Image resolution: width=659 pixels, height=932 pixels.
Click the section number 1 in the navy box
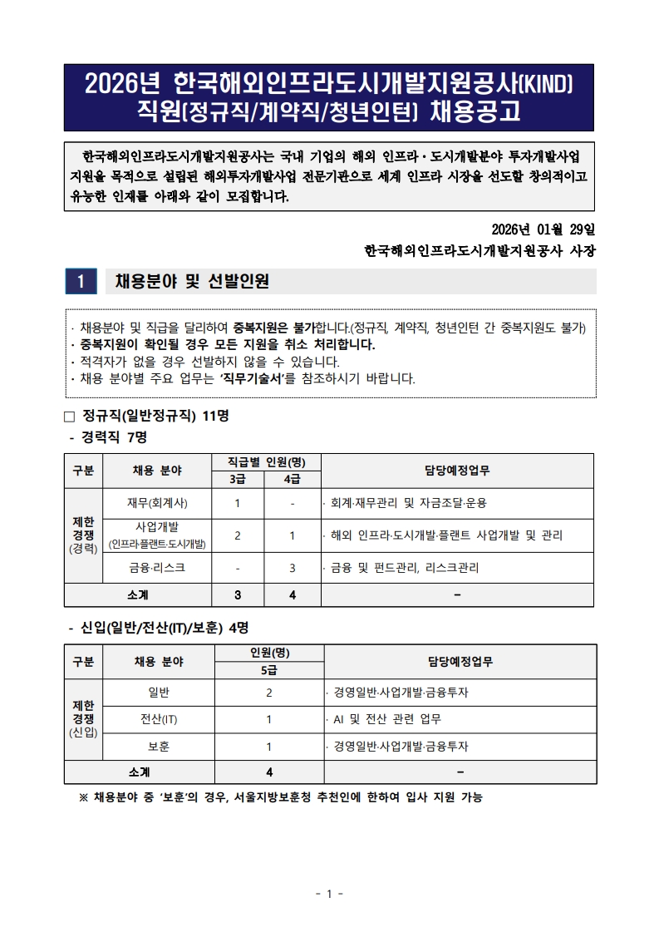tap(81, 282)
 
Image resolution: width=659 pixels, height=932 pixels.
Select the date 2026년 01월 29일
tap(543, 229)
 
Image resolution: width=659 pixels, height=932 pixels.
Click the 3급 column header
tap(238, 479)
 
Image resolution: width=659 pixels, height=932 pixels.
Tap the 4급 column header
tap(293, 479)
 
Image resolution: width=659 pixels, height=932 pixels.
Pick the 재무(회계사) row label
tap(157, 503)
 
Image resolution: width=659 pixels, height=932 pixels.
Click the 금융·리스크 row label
tap(157, 568)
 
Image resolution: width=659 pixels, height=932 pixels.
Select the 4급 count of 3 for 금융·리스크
tap(293, 568)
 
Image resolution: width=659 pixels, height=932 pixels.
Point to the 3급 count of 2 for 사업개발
tap(238, 535)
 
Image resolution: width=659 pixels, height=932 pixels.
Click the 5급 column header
tap(268, 670)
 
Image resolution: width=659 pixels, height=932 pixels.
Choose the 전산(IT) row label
tap(159, 719)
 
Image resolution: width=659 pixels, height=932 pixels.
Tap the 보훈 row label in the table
tap(159, 747)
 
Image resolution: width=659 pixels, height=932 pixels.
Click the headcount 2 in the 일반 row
tap(268, 692)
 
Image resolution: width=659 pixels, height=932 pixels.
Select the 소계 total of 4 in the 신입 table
tap(268, 772)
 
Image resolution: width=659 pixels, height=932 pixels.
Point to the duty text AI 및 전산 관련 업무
tap(386, 719)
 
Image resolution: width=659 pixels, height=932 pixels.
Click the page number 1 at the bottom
tap(329, 894)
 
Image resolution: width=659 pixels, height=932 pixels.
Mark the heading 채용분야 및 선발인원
tap(192, 282)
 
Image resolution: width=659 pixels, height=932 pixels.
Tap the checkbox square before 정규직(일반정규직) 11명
tap(70, 417)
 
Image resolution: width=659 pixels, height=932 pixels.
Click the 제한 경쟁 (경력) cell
tap(83, 535)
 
